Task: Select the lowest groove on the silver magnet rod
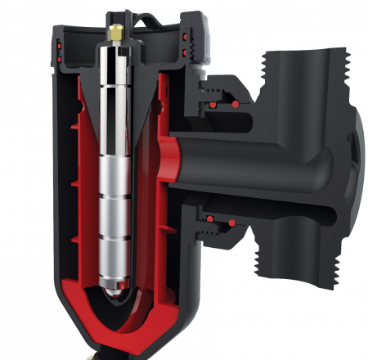coord(114,236)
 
